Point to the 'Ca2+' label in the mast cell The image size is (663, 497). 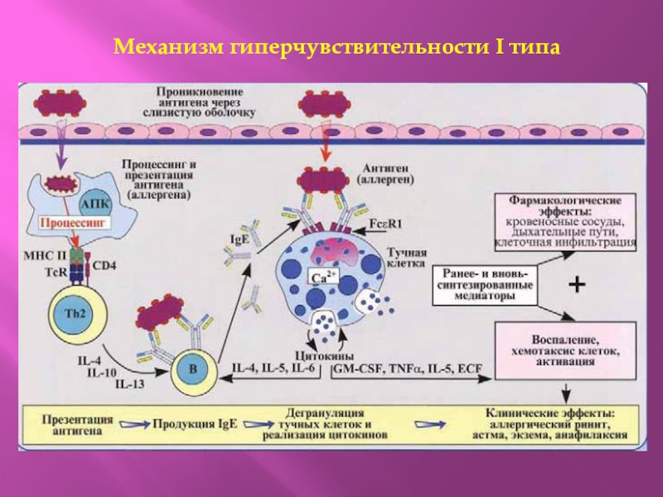pyautogui.click(x=322, y=277)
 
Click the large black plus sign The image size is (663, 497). pyautogui.click(x=575, y=285)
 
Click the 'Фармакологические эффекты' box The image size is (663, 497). pyautogui.click(x=566, y=221)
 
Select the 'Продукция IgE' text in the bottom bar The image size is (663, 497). pyautogui.click(x=194, y=423)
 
